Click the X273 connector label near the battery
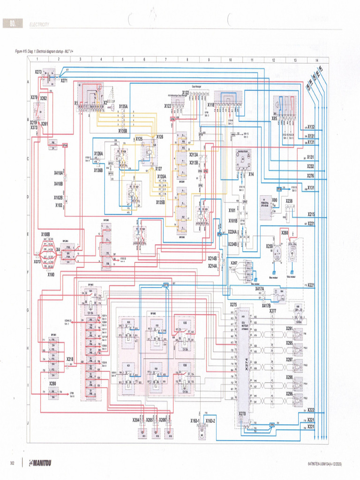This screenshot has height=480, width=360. [38, 72]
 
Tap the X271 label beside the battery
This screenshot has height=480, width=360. [64, 81]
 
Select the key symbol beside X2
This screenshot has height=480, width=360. [112, 107]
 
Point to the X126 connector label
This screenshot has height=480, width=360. [159, 137]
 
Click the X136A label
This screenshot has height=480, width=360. [98, 153]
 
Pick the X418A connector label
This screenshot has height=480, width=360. [59, 173]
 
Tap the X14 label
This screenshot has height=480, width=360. [251, 174]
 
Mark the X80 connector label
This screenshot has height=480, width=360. [275, 200]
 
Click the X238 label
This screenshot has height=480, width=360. [289, 201]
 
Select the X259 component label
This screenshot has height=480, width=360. [269, 246]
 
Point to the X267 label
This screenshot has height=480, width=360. [234, 263]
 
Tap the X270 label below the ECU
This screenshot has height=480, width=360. [242, 414]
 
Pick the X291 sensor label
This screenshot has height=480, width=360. [289, 329]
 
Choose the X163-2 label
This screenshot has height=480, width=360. [210, 421]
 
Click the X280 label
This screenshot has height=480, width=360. [52, 383]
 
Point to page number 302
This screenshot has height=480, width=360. [13, 464]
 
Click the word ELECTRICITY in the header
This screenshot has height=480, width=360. [39, 24]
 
